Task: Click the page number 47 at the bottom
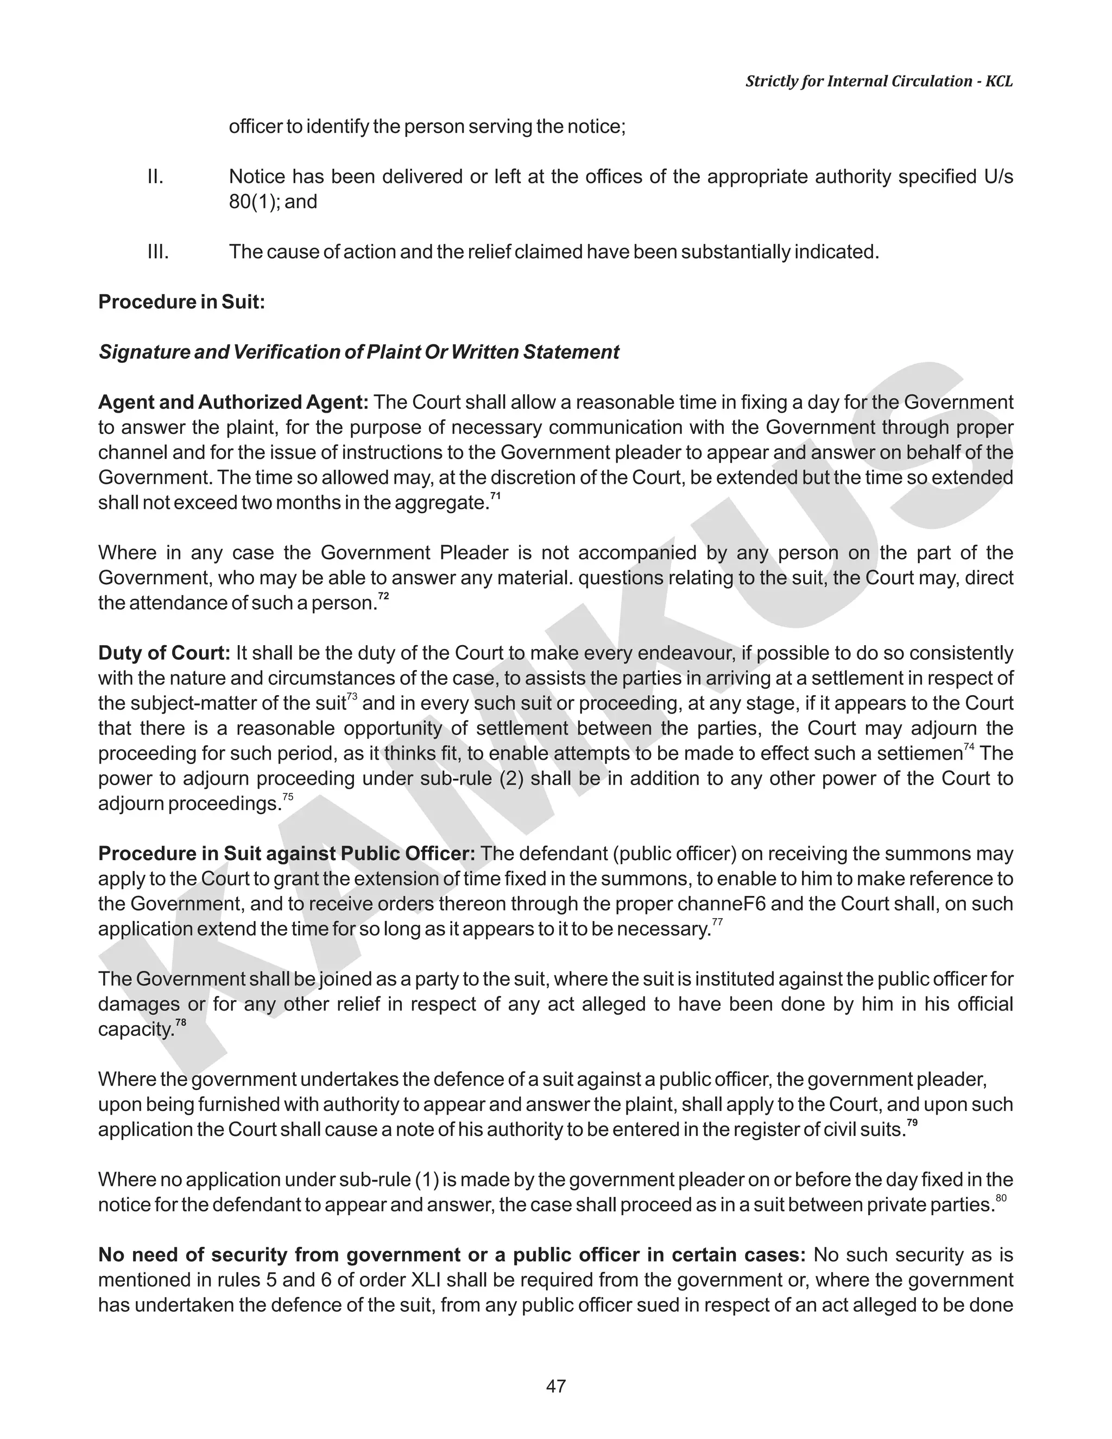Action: coord(555,1386)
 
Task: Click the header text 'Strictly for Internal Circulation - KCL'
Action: coord(879,81)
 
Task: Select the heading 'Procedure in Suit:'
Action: coord(181,302)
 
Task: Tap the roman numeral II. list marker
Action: coord(155,176)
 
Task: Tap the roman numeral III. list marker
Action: coord(157,252)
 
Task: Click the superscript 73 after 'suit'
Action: coord(352,697)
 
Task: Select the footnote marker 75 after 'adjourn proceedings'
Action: coord(288,797)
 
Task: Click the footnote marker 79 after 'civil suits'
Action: coord(912,1122)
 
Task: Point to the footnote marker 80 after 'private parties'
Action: coord(1001,1197)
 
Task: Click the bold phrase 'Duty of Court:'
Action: coord(164,653)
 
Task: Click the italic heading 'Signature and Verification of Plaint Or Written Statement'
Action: coord(358,352)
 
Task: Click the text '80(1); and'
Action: coord(273,201)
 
